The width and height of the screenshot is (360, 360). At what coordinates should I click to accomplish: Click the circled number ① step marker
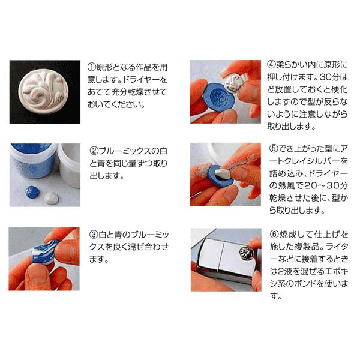point(92,67)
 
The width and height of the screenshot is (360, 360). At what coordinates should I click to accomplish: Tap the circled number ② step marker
point(94,151)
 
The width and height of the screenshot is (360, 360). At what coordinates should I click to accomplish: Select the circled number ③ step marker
point(94,235)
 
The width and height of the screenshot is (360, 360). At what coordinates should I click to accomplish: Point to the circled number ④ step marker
point(272,65)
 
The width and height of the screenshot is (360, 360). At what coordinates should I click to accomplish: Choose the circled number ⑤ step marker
point(274,149)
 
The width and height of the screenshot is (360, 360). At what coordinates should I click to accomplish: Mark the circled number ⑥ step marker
point(274,235)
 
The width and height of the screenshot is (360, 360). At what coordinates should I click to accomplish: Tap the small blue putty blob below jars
point(32,192)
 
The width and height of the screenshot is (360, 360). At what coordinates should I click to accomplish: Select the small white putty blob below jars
point(51,198)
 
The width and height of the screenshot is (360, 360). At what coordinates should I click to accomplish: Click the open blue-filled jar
point(33,160)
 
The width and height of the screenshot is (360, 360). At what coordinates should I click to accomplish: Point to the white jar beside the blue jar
point(69,164)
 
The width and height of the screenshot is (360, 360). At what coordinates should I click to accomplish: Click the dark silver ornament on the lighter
point(247,252)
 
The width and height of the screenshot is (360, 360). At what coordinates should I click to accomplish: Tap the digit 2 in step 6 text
point(281,272)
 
